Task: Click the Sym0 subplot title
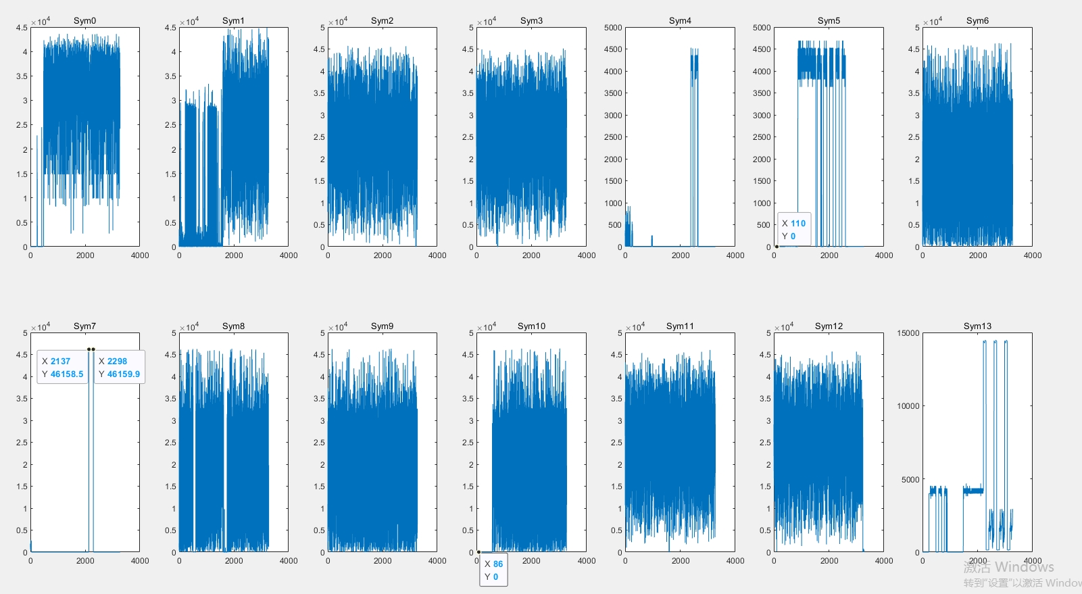[x=84, y=21]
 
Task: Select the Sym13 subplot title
[x=977, y=326]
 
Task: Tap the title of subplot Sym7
[x=84, y=326]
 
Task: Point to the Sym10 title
[x=531, y=326]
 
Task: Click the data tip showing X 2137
[x=63, y=368]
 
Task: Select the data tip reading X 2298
[x=120, y=368]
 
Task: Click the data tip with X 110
[x=793, y=230]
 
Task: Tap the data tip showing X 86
[x=493, y=570]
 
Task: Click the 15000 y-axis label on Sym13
[x=908, y=333]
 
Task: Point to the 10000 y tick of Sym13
[x=908, y=406]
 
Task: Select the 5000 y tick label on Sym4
[x=613, y=28]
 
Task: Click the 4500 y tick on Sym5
[x=762, y=49]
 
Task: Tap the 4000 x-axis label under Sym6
[x=1033, y=255]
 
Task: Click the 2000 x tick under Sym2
[x=383, y=255]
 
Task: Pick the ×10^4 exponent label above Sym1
[x=189, y=22]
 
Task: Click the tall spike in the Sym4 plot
[x=694, y=135]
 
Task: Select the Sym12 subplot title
[x=829, y=326]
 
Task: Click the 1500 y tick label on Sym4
[x=613, y=181]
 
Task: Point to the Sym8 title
[x=233, y=326]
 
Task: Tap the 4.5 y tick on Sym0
[x=21, y=28]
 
